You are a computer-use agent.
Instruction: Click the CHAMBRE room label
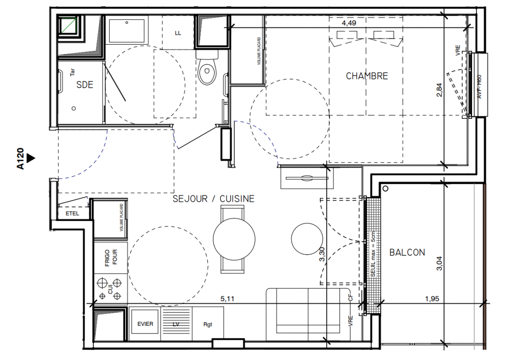(x=367, y=76)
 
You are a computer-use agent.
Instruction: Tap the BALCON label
(x=407, y=252)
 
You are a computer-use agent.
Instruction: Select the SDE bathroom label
(x=85, y=85)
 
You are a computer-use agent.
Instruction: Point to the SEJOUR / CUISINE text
(x=213, y=198)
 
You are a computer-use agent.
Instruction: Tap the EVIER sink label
(x=145, y=324)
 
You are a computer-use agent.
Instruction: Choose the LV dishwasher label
(x=175, y=324)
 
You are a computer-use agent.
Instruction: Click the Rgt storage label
(x=208, y=324)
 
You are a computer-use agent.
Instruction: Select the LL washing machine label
(x=178, y=33)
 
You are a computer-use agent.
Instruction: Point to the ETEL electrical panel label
(x=72, y=213)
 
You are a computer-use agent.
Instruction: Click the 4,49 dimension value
(x=349, y=23)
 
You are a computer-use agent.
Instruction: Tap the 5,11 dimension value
(x=227, y=298)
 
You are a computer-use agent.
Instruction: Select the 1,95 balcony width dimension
(x=432, y=298)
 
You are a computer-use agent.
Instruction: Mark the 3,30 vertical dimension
(x=322, y=254)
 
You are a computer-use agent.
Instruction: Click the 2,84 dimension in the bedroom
(x=439, y=90)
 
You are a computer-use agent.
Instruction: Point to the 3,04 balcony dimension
(x=439, y=263)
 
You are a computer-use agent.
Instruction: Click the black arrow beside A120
(x=31, y=158)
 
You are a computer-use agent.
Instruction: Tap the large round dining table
(x=234, y=239)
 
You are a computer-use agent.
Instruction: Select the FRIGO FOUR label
(x=111, y=257)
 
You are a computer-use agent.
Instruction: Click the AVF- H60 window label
(x=479, y=87)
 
